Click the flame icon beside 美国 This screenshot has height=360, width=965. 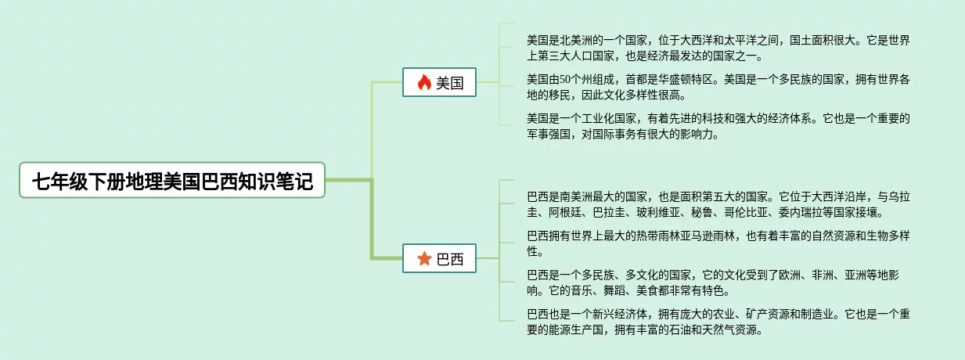tap(424, 83)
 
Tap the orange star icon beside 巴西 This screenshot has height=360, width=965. tap(424, 259)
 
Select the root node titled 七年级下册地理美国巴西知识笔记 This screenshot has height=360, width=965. tap(172, 181)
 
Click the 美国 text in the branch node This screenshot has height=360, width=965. tap(450, 83)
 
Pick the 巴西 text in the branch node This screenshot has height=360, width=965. tap(450, 259)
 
